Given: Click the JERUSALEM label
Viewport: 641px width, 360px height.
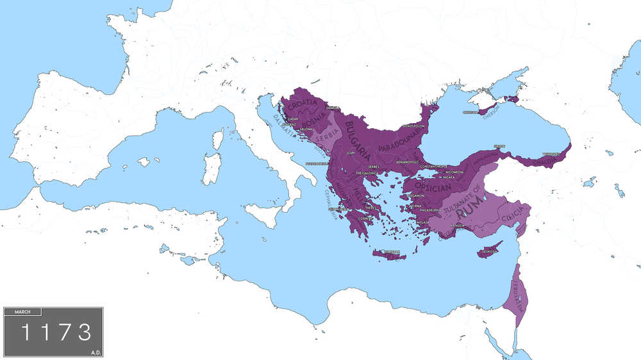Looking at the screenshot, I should (517, 295).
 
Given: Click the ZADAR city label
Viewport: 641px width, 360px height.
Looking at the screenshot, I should (294, 119).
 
